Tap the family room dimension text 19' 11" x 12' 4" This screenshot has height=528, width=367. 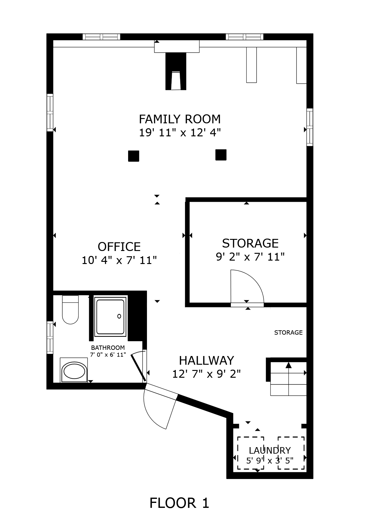pyautogui.click(x=180, y=133)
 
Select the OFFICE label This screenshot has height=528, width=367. pyautogui.click(x=119, y=247)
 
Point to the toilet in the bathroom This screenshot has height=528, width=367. pyautogui.click(x=70, y=310)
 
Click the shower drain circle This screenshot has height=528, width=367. pyautogui.click(x=119, y=316)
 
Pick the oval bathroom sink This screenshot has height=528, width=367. pyautogui.click(x=74, y=372)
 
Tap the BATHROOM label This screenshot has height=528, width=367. pyautogui.click(x=108, y=348)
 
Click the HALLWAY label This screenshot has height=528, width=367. pyautogui.click(x=206, y=361)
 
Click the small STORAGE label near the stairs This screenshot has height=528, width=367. pyautogui.click(x=288, y=332)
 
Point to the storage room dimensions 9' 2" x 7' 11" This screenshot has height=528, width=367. pyautogui.click(x=250, y=257)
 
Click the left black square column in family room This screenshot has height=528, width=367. pyautogui.click(x=133, y=156)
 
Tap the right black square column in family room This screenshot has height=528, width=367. pyautogui.click(x=221, y=155)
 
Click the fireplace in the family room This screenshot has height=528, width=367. pyautogui.click(x=176, y=71)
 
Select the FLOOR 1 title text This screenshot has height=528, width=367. pyautogui.click(x=179, y=503)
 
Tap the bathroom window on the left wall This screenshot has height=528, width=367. pyautogui.click(x=50, y=337)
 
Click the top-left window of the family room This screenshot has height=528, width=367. pyautogui.click(x=101, y=37)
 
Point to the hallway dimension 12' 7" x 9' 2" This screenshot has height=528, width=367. pyautogui.click(x=206, y=374)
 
